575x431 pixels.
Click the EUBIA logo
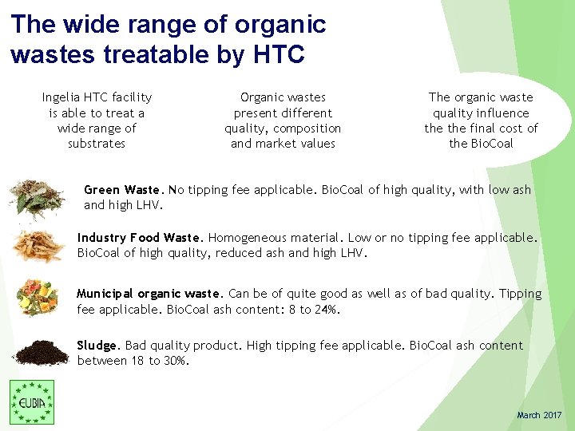coord(32,401)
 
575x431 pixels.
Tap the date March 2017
coord(539,415)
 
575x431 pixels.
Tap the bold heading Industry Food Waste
coord(141,238)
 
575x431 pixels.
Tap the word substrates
coord(97,144)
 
